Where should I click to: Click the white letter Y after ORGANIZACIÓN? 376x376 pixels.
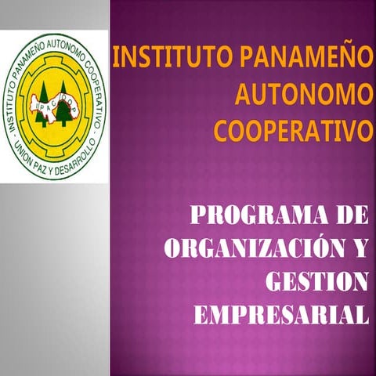(x=359, y=248)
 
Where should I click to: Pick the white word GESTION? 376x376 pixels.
(x=316, y=281)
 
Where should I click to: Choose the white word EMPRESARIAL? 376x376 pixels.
(x=280, y=314)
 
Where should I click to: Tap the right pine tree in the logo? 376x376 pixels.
(x=63, y=109)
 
